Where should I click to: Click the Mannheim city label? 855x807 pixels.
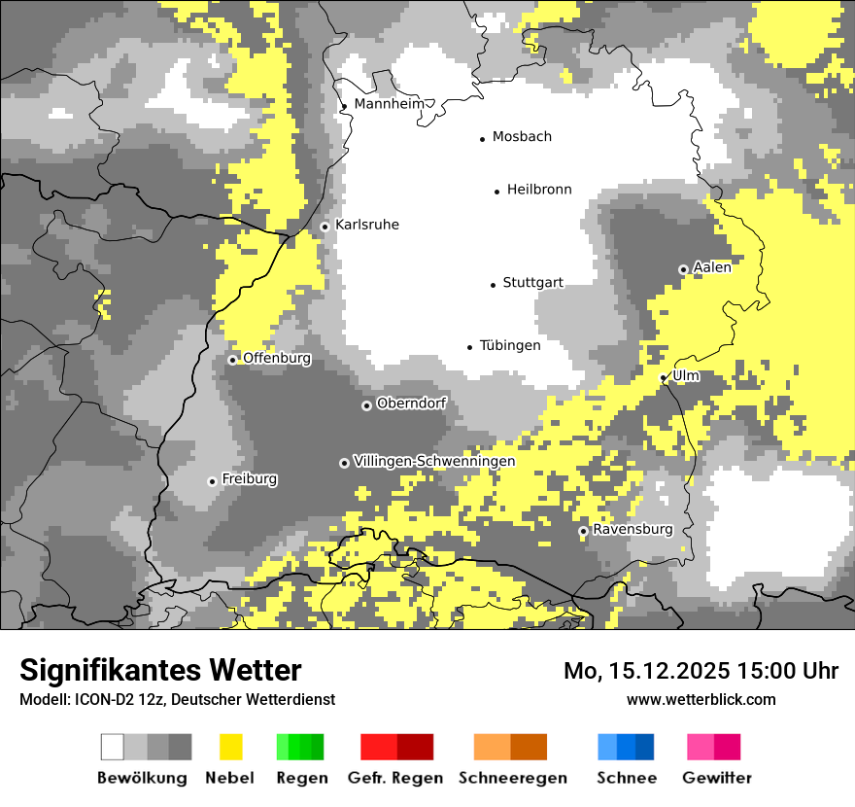[x=389, y=103]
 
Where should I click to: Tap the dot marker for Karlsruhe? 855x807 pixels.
[x=325, y=227]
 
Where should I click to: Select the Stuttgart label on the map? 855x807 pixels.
[x=532, y=283]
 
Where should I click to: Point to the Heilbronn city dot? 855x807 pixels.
[x=496, y=192]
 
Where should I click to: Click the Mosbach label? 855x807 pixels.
[x=522, y=137]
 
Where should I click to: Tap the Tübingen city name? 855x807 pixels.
[x=510, y=346]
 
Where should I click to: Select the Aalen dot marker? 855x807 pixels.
[x=683, y=269]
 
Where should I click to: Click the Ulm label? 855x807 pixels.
[x=686, y=375]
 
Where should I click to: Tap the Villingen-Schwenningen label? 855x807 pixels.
[x=434, y=461]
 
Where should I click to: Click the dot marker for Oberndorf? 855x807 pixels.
[x=366, y=405]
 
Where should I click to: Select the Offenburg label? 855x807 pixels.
[x=277, y=358]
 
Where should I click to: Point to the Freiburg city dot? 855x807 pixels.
[x=212, y=481]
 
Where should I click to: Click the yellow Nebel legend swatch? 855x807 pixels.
[x=230, y=747]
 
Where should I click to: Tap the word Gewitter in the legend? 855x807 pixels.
[x=717, y=778]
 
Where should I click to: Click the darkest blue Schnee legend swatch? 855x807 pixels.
[x=644, y=747]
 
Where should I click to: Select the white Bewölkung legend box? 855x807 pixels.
[x=113, y=747]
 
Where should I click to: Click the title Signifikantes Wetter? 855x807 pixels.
[x=160, y=671]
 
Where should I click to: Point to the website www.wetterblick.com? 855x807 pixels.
[x=701, y=699]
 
